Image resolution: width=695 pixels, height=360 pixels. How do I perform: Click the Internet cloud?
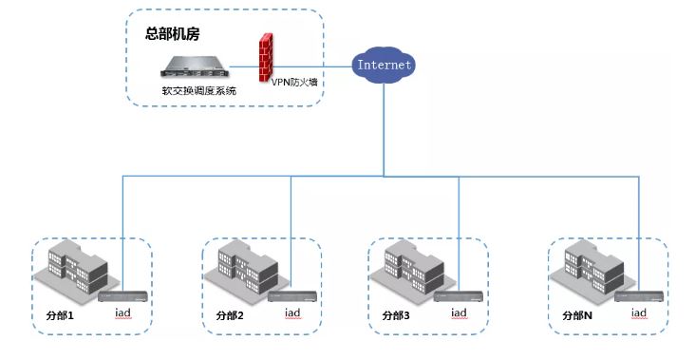[383, 65]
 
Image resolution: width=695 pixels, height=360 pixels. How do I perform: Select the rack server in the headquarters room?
[196, 68]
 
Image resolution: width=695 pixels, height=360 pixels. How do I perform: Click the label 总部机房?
[173, 33]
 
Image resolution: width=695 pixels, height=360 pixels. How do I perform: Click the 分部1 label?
[60, 314]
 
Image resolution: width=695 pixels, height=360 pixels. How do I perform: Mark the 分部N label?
[577, 314]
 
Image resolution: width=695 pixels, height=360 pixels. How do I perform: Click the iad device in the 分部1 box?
[122, 295]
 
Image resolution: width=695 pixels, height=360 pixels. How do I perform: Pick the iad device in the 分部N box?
[638, 295]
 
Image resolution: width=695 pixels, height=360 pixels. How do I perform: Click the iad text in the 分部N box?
[639, 313]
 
